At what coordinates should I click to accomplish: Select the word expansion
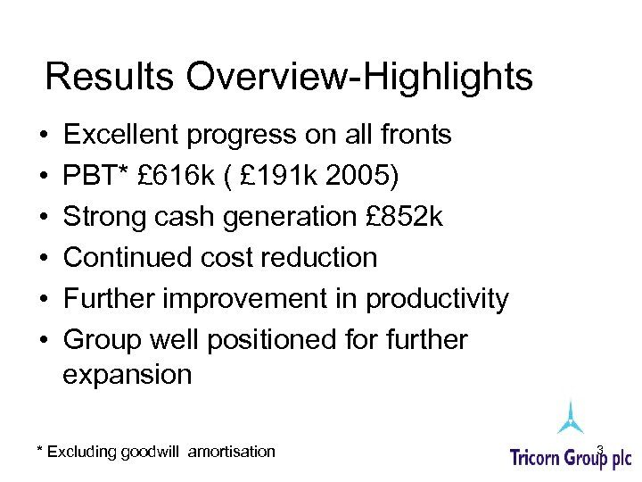[128, 374]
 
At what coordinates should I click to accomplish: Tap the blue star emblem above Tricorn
[571, 418]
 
